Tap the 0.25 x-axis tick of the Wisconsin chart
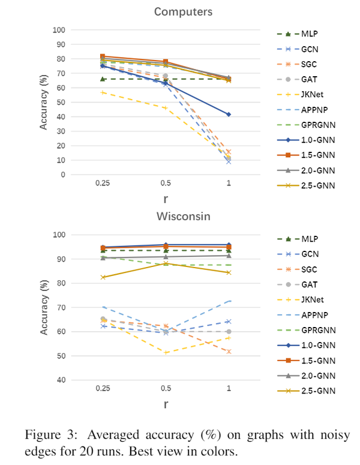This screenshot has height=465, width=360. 103,388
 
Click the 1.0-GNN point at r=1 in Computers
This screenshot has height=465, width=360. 229,114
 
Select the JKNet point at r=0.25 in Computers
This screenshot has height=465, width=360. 103,92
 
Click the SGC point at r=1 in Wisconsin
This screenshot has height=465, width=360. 229,351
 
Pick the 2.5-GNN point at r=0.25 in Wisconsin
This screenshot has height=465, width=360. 103,277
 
